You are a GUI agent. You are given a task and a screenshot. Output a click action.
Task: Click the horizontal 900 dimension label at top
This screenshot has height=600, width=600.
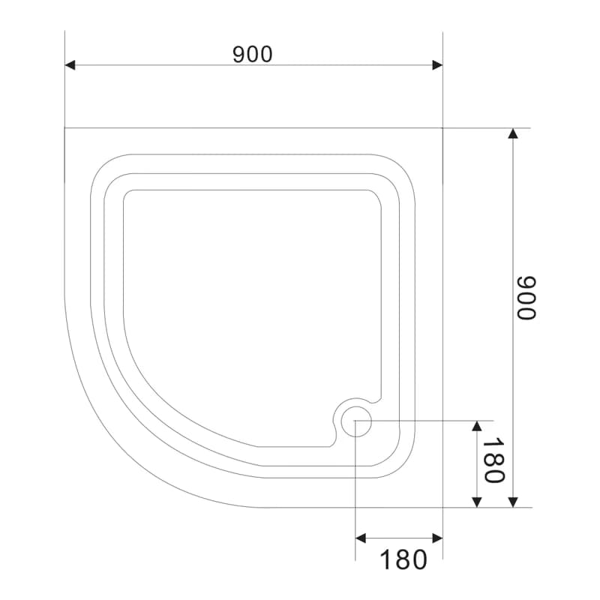(253, 54)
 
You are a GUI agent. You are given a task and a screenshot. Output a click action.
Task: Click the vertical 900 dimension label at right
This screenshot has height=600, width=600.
(526, 297)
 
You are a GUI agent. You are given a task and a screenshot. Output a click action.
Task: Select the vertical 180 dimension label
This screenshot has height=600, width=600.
(493, 460)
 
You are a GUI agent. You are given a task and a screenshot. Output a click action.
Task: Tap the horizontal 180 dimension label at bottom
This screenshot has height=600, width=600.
(403, 559)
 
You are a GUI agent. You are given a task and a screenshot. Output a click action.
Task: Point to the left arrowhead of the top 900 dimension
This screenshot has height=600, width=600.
(70, 65)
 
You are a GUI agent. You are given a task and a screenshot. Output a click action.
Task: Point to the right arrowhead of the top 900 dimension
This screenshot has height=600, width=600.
(437, 65)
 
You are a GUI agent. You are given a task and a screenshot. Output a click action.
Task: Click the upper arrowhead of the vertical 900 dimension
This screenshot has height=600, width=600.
(513, 133)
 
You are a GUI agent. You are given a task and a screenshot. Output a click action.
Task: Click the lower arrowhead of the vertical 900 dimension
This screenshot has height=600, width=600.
(513, 502)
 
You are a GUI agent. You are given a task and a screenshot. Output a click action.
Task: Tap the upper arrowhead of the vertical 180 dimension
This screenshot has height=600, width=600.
(477, 426)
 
